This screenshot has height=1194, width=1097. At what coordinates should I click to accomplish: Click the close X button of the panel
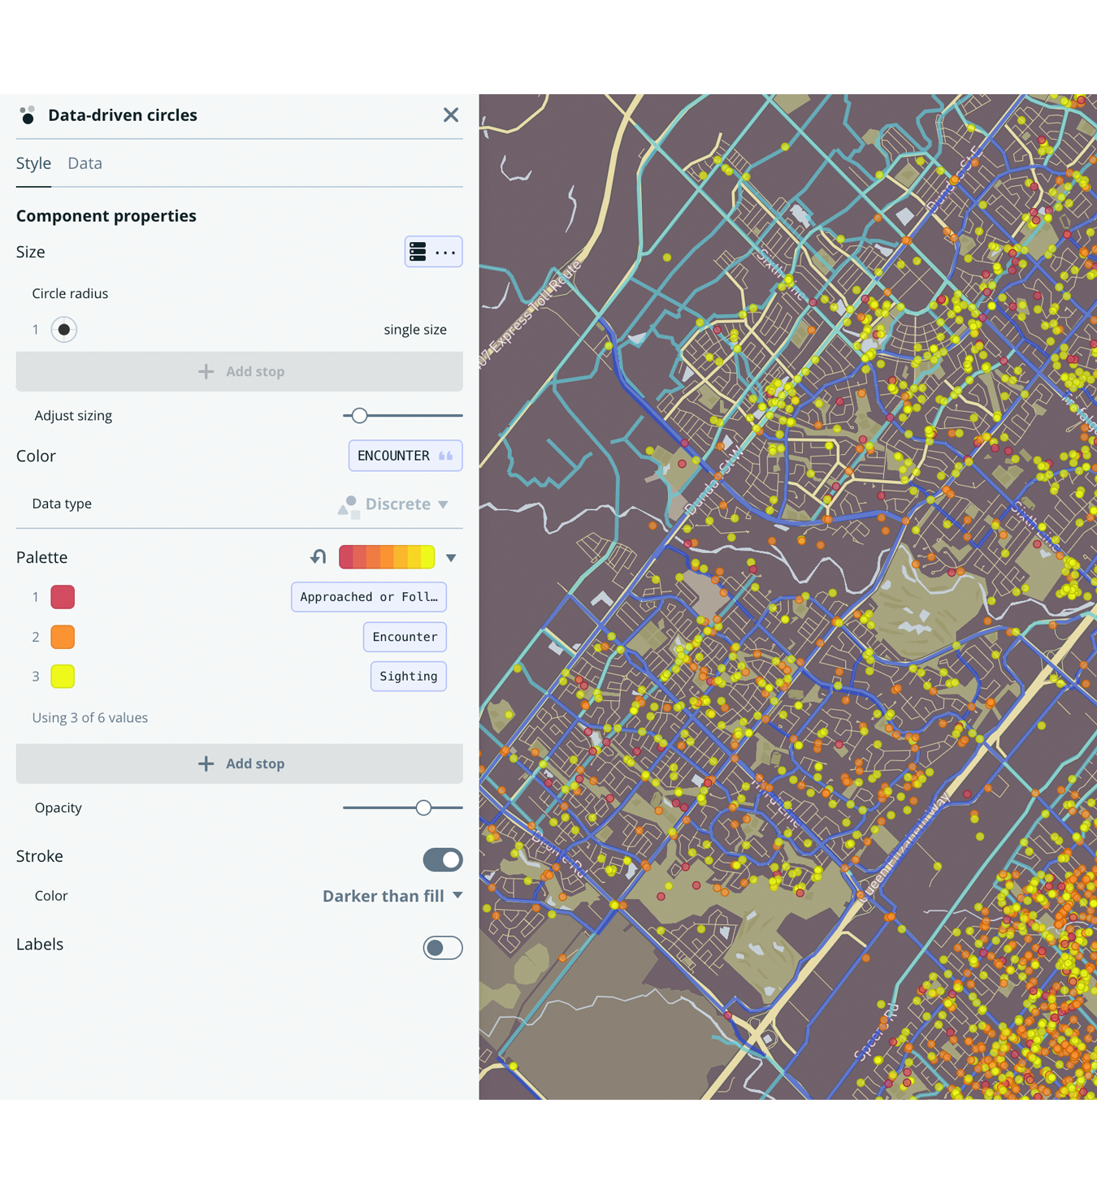click(x=451, y=115)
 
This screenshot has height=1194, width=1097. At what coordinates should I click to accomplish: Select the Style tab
click(x=33, y=163)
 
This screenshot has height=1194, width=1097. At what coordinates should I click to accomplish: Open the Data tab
click(x=85, y=163)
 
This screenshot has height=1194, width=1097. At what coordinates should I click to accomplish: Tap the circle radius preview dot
click(x=64, y=330)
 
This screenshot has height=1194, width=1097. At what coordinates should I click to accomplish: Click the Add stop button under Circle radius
click(x=240, y=371)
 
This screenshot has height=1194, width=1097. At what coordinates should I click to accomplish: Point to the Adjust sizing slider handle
click(x=359, y=416)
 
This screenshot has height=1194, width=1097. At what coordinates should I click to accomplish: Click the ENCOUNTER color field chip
click(x=405, y=456)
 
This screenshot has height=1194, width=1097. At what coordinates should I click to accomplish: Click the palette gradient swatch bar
click(x=387, y=557)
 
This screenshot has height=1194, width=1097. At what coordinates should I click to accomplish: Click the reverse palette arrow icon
click(x=318, y=557)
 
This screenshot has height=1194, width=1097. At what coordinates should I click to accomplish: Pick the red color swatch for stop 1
click(x=63, y=597)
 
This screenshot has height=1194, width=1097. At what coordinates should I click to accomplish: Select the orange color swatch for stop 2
click(x=63, y=637)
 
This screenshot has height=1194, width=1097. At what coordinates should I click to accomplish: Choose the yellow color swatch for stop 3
click(x=63, y=676)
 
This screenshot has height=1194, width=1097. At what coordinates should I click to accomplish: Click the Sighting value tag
click(x=408, y=676)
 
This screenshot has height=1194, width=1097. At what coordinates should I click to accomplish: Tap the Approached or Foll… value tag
click(x=369, y=597)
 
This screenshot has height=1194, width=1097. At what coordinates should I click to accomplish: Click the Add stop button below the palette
click(x=240, y=764)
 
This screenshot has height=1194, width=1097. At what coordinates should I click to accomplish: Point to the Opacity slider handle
click(x=423, y=808)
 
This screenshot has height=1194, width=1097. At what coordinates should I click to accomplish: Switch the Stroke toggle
click(x=443, y=859)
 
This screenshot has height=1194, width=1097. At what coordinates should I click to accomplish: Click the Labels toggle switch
click(x=443, y=948)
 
